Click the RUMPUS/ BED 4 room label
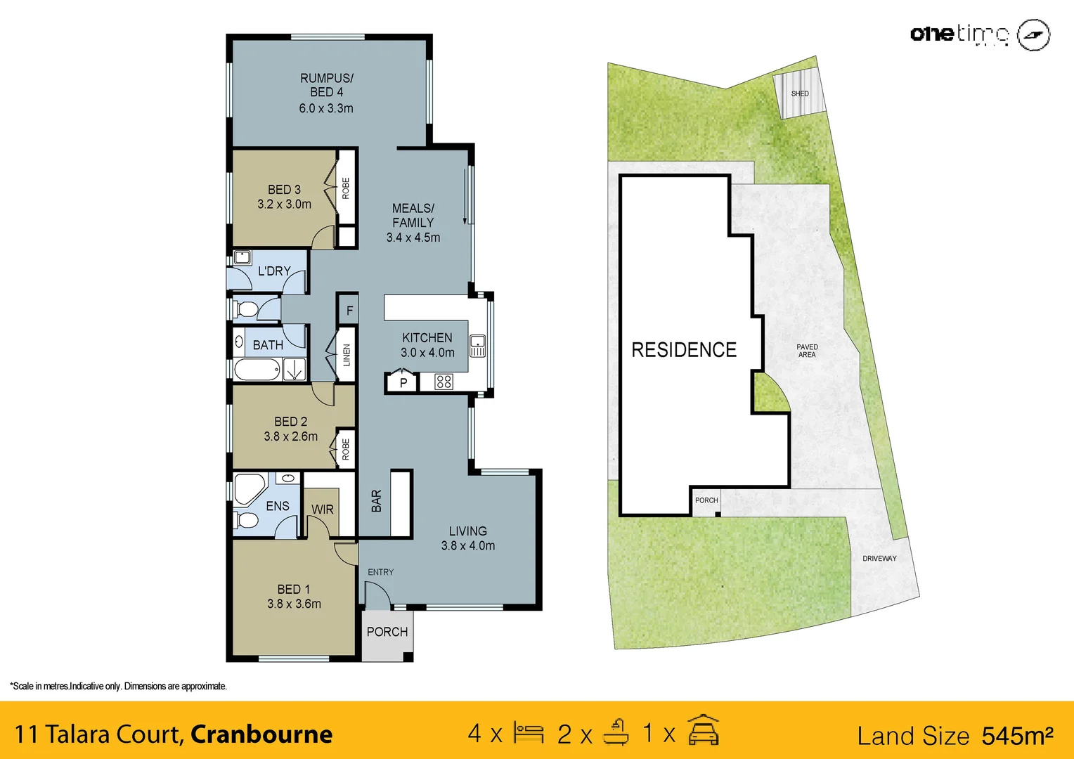pyautogui.click(x=327, y=85)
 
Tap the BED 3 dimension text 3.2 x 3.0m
pyautogui.click(x=284, y=205)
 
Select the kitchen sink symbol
pyautogui.click(x=477, y=346)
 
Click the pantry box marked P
pyautogui.click(x=403, y=383)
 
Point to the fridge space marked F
pyautogui.click(x=349, y=311)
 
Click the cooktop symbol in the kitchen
pyautogui.click(x=444, y=382)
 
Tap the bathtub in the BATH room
pyautogui.click(x=257, y=370)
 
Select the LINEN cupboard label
pyautogui.click(x=347, y=355)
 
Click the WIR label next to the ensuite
pyautogui.click(x=323, y=510)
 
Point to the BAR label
pyautogui.click(x=377, y=501)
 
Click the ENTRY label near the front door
pyautogui.click(x=380, y=572)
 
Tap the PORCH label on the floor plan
pyautogui.click(x=387, y=632)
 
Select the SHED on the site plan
pyautogui.click(x=800, y=93)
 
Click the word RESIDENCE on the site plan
pyautogui.click(x=683, y=350)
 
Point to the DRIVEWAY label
pyautogui.click(x=879, y=559)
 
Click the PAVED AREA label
pyautogui.click(x=807, y=351)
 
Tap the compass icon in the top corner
pyautogui.click(x=1033, y=34)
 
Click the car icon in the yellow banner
pyautogui.click(x=703, y=731)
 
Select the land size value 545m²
pyautogui.click(x=1017, y=736)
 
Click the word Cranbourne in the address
pyautogui.click(x=261, y=734)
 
